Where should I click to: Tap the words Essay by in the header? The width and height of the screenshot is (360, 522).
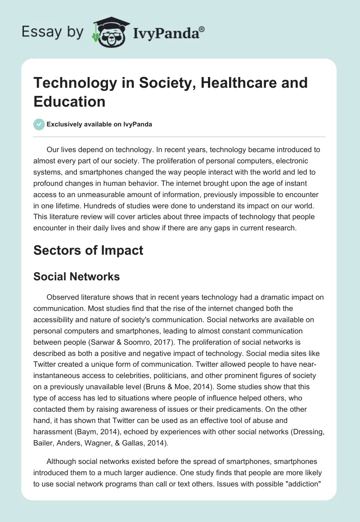point(53,32)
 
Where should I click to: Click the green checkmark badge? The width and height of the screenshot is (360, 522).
point(39,124)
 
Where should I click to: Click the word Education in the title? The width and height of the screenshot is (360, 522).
point(69,101)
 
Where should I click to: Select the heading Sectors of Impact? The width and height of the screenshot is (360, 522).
point(88,250)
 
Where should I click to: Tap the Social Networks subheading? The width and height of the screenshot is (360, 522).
point(76,276)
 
